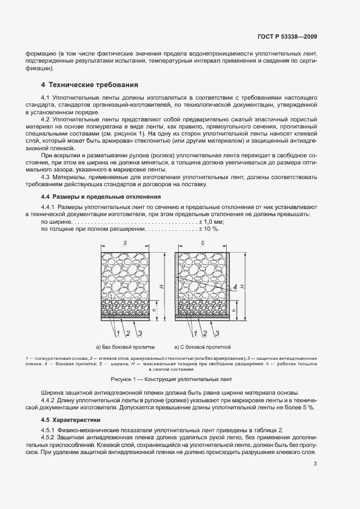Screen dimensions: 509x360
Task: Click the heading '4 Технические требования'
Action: click(89, 85)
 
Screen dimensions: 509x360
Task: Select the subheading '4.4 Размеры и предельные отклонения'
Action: click(101, 197)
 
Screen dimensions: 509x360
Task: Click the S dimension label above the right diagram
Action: click(203, 243)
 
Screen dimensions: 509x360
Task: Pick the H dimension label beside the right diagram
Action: click(242, 286)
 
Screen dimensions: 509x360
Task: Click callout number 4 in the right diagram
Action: click(235, 287)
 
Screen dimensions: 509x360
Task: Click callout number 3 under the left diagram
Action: click(140, 333)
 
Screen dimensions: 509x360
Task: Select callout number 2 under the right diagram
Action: click(204, 333)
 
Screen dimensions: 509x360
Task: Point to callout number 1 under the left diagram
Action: click(115, 333)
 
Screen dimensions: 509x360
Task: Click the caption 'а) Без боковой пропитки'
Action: click(126, 346)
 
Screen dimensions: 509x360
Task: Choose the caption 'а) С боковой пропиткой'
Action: click(203, 346)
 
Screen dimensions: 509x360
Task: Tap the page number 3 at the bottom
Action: click(315, 464)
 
